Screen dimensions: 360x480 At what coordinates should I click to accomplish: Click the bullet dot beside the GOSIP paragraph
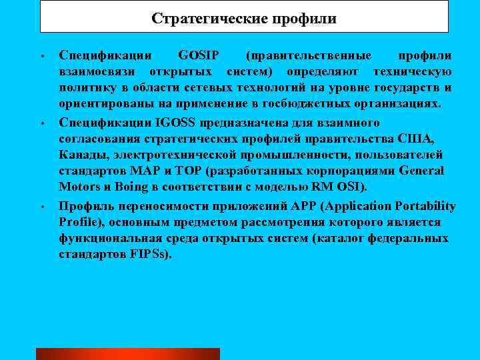pos(41,56)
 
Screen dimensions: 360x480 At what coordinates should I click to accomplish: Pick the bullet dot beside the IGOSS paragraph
pos(41,124)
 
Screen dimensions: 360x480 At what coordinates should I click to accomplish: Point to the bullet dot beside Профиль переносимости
pos(41,207)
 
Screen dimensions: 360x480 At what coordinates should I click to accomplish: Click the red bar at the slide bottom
pos(127,353)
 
